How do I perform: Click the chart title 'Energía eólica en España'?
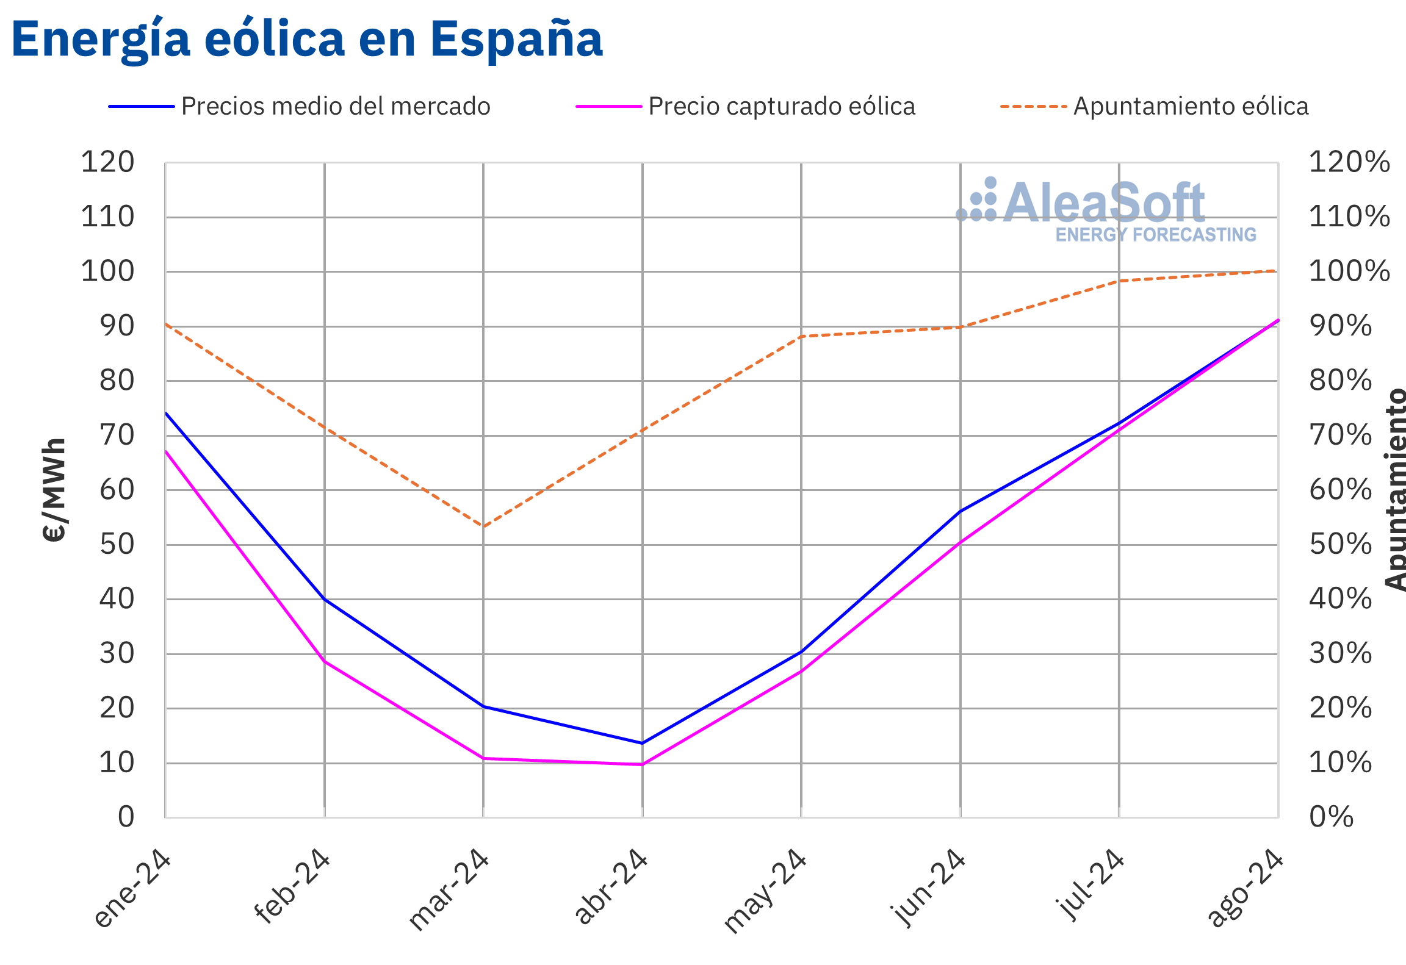coord(307,40)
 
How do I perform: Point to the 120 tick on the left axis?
coord(108,163)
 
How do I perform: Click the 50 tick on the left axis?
coord(117,545)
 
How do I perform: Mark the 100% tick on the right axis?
coord(1349,271)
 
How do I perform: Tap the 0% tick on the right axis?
coord(1331,817)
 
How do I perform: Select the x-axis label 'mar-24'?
coord(449,890)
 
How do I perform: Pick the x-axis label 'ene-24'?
coord(132,889)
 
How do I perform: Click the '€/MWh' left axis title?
coord(55,490)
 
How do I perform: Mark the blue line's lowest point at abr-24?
coord(642,743)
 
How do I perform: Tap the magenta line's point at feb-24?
coord(325,661)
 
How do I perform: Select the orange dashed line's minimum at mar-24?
coord(483,526)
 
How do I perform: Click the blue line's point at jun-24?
coord(960,511)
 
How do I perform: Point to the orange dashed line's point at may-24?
coord(801,336)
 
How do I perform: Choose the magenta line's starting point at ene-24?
coord(166,451)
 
